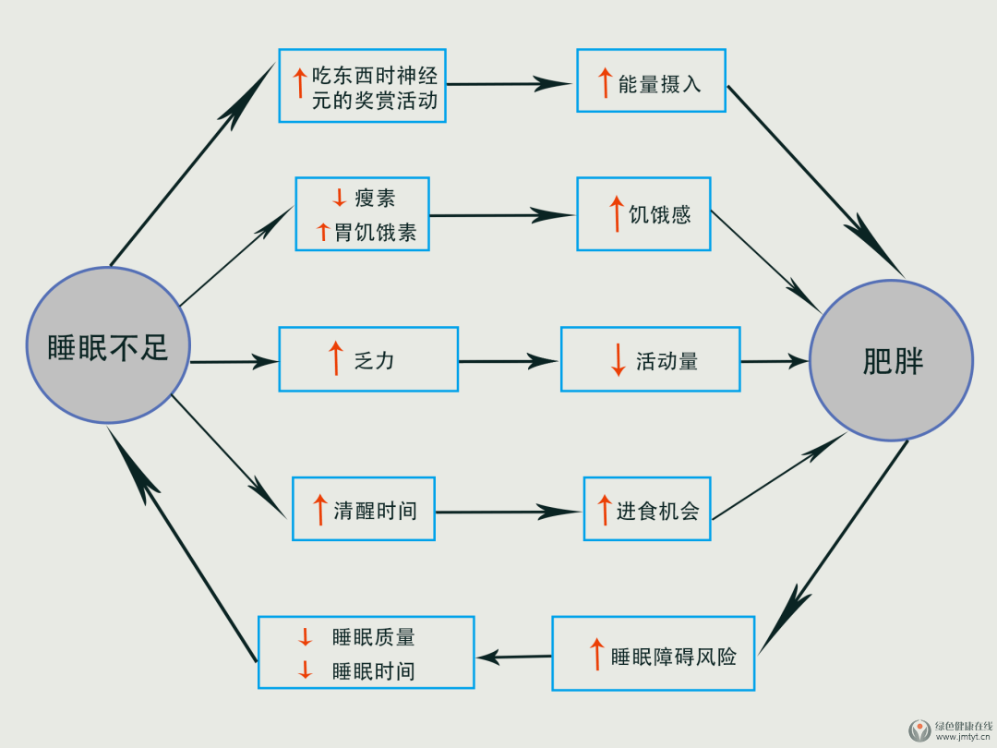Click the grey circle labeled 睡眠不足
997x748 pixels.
click(x=108, y=345)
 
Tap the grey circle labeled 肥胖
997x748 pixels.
click(x=891, y=359)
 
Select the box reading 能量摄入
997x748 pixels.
click(x=651, y=81)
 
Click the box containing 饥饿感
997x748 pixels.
click(x=643, y=214)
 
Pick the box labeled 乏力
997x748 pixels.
click(x=368, y=359)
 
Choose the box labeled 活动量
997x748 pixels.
click(x=650, y=359)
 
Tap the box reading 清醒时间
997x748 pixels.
click(x=363, y=509)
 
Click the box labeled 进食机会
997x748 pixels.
click(x=647, y=509)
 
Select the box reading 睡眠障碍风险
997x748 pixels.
click(x=653, y=654)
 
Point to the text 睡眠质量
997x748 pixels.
click(x=374, y=637)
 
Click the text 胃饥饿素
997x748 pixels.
click(x=375, y=233)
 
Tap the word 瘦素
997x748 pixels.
click(x=375, y=198)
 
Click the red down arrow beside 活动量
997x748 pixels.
click(x=618, y=359)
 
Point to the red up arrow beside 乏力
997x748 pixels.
click(x=336, y=358)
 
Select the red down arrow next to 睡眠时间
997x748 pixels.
click(x=306, y=671)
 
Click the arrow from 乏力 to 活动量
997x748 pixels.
click(x=509, y=360)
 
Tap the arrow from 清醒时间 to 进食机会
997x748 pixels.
click(x=509, y=512)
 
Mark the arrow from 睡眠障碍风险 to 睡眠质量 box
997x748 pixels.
click(x=513, y=658)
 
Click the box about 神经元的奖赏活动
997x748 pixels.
click(x=362, y=86)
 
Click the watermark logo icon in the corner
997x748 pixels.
click(x=920, y=730)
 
